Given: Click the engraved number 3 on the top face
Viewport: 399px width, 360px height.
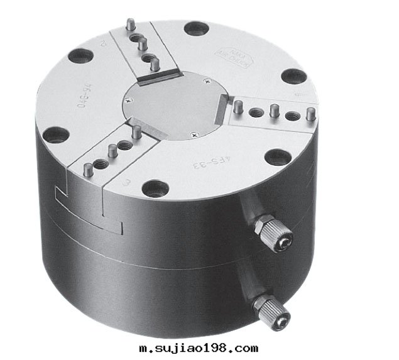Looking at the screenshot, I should pyautogui.click(x=127, y=183).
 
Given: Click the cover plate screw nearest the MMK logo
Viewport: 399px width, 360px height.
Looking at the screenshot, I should pyautogui.click(x=207, y=80).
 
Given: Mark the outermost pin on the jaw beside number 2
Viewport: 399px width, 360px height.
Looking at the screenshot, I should pyautogui.click(x=129, y=25).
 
